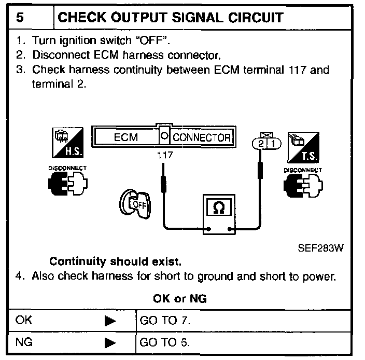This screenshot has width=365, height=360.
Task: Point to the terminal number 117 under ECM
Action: [164, 155]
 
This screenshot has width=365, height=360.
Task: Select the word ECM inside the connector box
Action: [125, 138]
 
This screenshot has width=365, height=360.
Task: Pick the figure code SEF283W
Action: [320, 247]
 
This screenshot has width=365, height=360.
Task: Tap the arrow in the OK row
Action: [109, 321]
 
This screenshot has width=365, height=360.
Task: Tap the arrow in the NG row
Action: [109, 343]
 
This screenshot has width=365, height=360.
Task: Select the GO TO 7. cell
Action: [165, 321]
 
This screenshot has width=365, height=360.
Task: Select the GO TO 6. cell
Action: [165, 343]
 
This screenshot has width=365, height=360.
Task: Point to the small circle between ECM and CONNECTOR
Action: [164, 137]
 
